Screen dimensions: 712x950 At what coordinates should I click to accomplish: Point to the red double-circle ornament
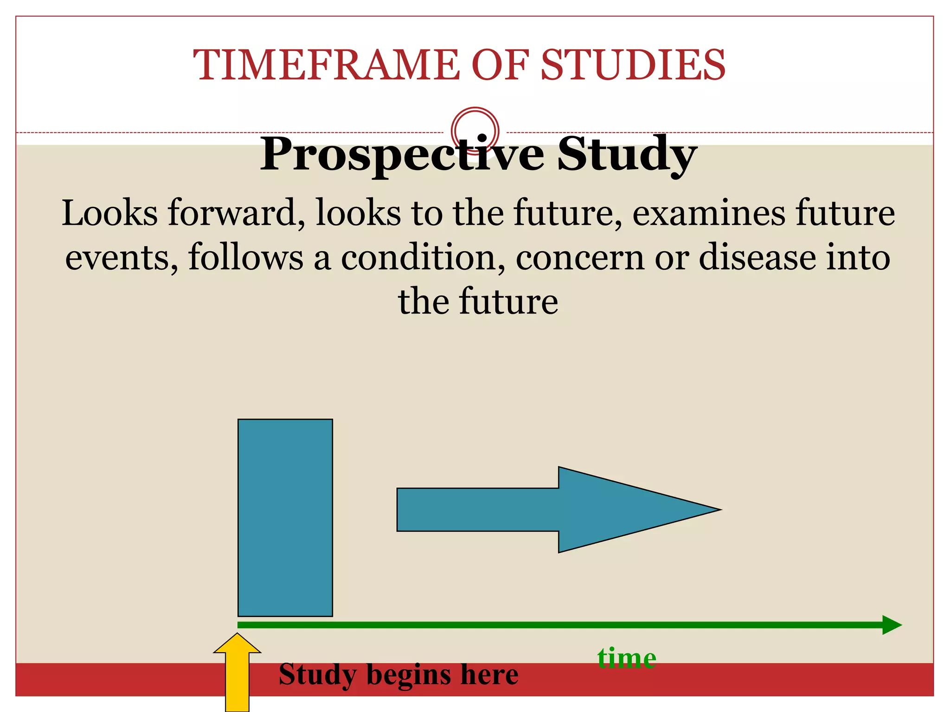click(x=475, y=130)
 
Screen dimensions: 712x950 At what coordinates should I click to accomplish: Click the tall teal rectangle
click(x=285, y=517)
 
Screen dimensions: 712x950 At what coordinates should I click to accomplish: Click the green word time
click(x=627, y=658)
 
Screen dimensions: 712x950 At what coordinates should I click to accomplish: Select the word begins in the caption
click(x=408, y=675)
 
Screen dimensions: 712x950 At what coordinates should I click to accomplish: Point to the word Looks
click(x=109, y=214)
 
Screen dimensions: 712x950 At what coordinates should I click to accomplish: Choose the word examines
click(x=708, y=214)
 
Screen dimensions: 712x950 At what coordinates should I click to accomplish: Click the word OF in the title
click(x=500, y=65)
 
